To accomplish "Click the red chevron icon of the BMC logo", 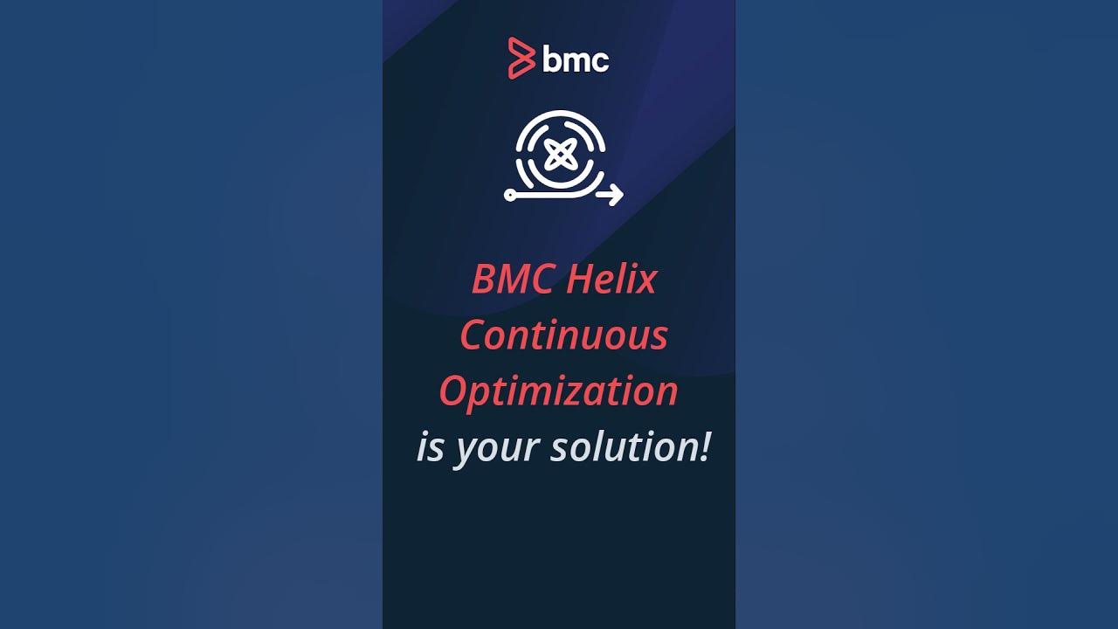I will pyautogui.click(x=521, y=59).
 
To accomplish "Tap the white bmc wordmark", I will pyautogui.click(x=576, y=59).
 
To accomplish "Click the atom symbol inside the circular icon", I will pyautogui.click(x=558, y=156).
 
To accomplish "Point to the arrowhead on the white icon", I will pyautogui.click(x=616, y=195).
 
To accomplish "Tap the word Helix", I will pyautogui.click(x=611, y=280).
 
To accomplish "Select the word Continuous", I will pyautogui.click(x=563, y=336).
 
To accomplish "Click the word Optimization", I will pyautogui.click(x=558, y=392).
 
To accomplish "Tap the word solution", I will pyautogui.click(x=621, y=448).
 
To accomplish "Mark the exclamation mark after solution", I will pyautogui.click(x=704, y=447).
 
